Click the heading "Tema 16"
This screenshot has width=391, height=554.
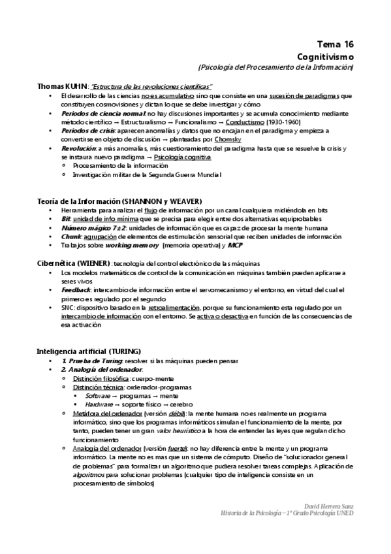pos(335,44)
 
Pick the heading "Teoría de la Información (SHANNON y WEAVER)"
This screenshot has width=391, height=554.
pos(119,200)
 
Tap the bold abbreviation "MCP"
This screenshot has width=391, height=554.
pos(235,245)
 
